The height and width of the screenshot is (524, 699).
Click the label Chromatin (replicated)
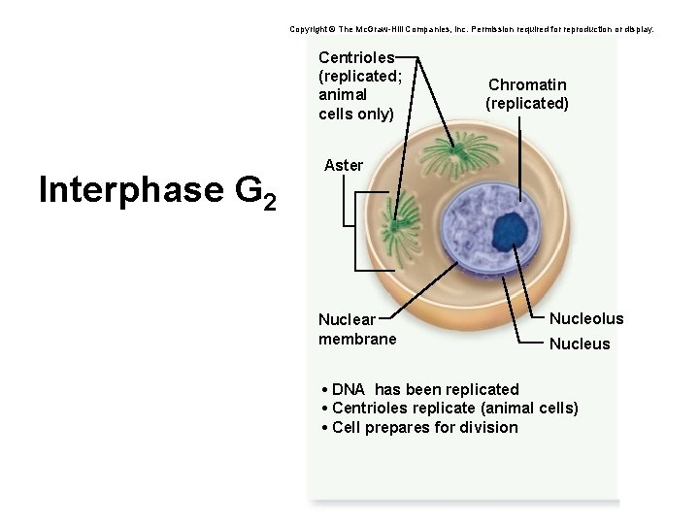[x=527, y=94]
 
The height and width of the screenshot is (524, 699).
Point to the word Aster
[x=344, y=165]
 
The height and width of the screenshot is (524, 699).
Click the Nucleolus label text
[x=586, y=318]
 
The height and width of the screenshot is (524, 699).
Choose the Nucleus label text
[x=580, y=344]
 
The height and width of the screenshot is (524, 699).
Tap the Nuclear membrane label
[x=357, y=329]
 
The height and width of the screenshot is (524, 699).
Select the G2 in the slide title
[x=257, y=193]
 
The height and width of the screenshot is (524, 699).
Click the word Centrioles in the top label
[x=356, y=59]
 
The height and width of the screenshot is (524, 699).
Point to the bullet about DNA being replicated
[x=419, y=389]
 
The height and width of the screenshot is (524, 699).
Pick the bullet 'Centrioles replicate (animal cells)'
[x=449, y=408]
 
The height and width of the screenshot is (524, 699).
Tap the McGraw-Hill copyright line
[x=472, y=29]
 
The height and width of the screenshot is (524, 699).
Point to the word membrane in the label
[x=357, y=339]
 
